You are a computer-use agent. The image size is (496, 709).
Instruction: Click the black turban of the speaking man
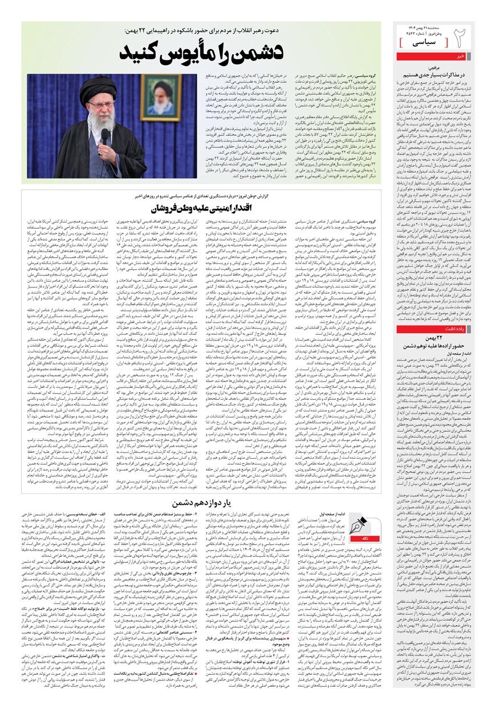pos(99,86)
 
